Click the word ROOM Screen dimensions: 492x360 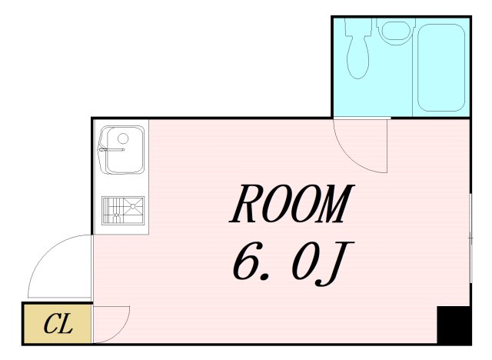point(292,203)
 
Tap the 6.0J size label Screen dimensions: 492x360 point(294,263)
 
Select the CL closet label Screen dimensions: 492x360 point(58,324)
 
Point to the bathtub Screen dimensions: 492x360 point(440,68)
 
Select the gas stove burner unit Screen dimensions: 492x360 point(123,211)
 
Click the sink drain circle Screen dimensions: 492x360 point(123,138)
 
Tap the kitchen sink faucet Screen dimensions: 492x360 point(111,150)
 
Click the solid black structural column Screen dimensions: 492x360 point(454,325)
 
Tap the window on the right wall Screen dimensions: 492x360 point(470,238)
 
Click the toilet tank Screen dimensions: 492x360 point(358,26)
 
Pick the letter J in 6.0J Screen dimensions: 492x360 point(335,264)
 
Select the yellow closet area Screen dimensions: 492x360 point(58,324)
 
